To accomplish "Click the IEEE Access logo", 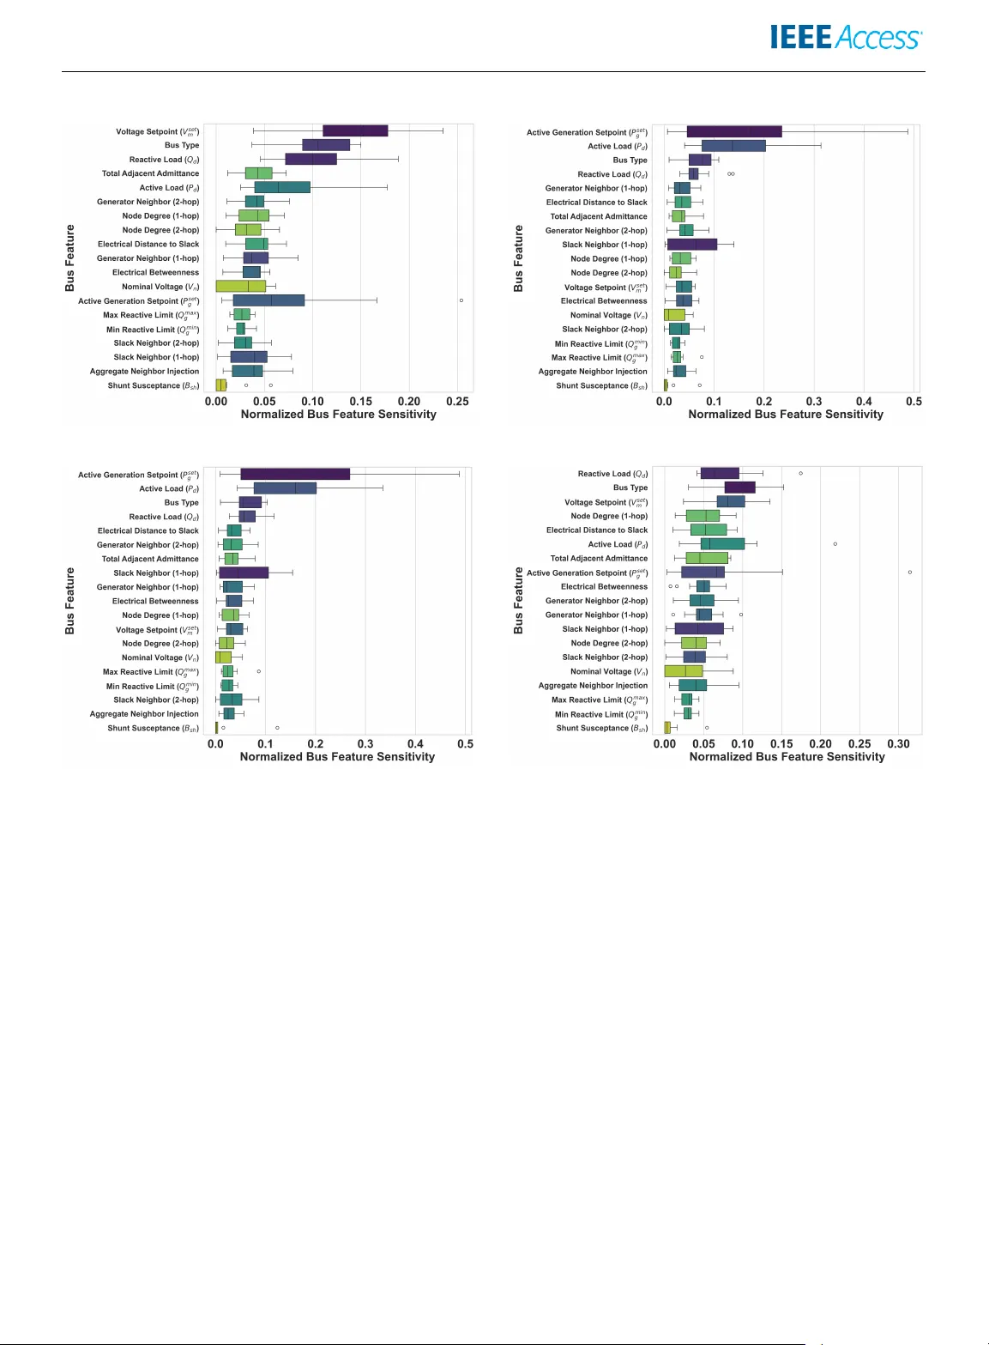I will pyautogui.click(x=845, y=38).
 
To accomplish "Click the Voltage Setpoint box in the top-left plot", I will pyautogui.click(x=355, y=130).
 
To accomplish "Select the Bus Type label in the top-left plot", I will pyautogui.click(x=182, y=145).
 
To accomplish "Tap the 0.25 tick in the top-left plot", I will pyautogui.click(x=458, y=401).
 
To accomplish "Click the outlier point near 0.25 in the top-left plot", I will pyautogui.click(x=461, y=300).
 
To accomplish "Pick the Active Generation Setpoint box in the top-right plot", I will pyautogui.click(x=733, y=131).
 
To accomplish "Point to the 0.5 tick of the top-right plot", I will pyautogui.click(x=914, y=401).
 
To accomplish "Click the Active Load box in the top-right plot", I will pyautogui.click(x=733, y=146).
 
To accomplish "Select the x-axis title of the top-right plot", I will pyautogui.click(x=785, y=415).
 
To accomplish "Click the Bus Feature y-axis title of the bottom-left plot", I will pyautogui.click(x=70, y=601).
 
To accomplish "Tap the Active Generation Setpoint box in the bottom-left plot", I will pyautogui.click(x=295, y=474).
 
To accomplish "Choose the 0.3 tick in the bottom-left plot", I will pyautogui.click(x=365, y=743).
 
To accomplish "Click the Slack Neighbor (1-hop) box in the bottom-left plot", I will pyautogui.click(x=244, y=573).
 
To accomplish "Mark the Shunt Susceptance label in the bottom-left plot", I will pyautogui.click(x=153, y=728).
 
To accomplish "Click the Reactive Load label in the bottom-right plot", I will pyautogui.click(x=612, y=474).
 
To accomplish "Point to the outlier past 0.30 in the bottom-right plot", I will pyautogui.click(x=910, y=572).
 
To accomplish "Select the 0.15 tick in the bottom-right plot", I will pyautogui.click(x=781, y=743).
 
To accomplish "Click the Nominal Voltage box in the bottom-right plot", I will pyautogui.click(x=684, y=671).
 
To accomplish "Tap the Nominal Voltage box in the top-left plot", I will pyautogui.click(x=240, y=286).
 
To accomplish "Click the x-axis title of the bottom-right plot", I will pyautogui.click(x=787, y=757).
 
